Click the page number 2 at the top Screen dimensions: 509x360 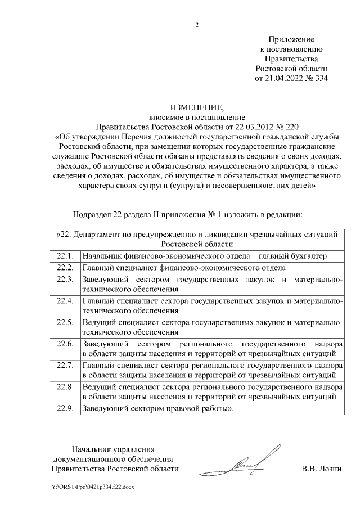197,25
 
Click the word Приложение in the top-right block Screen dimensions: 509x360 291,40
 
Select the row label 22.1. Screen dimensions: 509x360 66,256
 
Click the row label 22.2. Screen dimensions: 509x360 66,268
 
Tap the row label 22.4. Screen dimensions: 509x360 66,300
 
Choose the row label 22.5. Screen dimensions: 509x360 66,322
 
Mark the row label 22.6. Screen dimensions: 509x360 66,344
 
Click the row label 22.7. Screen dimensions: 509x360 66,366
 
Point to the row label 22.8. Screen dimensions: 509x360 66,387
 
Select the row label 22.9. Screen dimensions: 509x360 66,409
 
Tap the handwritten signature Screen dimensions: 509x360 248,462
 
